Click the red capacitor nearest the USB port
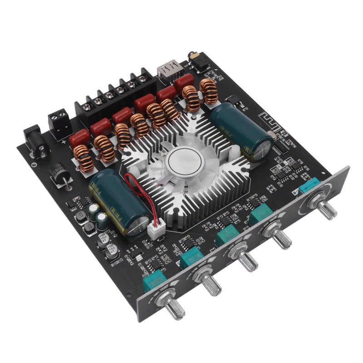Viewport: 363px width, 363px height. tap(184, 82)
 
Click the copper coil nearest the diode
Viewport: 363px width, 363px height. tap(84, 158)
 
